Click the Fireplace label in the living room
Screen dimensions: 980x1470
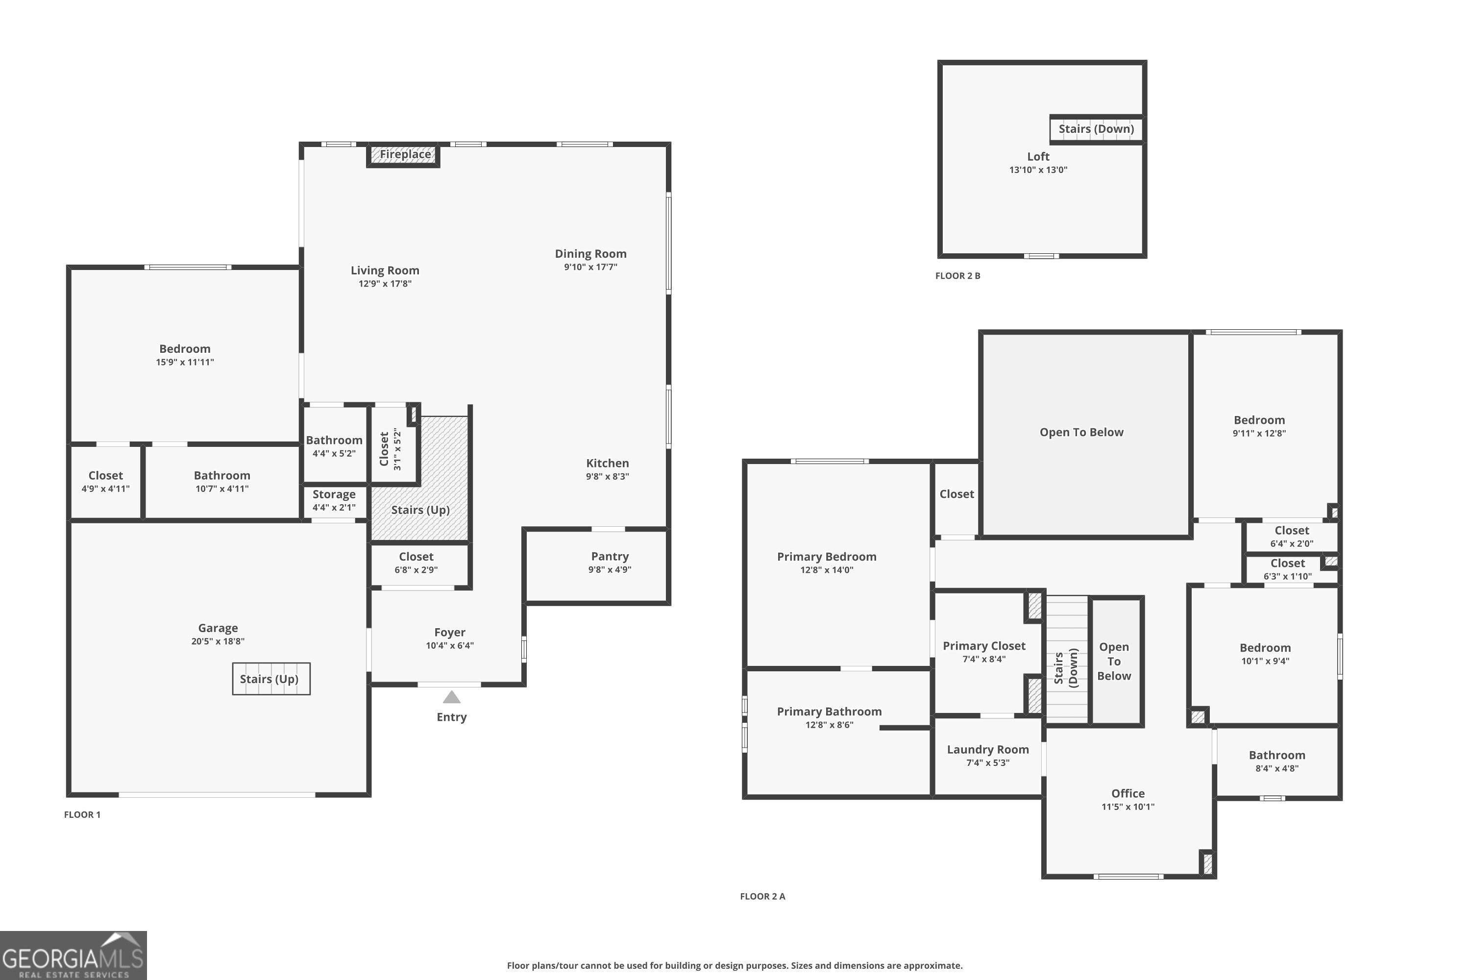[x=405, y=154]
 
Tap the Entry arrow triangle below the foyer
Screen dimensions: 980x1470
[x=451, y=697]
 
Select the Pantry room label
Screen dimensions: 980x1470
[x=610, y=556]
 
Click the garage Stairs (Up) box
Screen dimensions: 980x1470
[x=270, y=679]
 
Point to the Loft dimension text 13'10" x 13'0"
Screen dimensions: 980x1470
[x=1038, y=170]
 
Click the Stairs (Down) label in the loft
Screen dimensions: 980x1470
[x=1096, y=129]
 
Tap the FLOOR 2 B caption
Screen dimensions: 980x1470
[x=957, y=275]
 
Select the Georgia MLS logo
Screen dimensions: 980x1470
[x=73, y=955]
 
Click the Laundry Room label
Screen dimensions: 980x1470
[x=987, y=749]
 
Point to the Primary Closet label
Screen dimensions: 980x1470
[x=984, y=646]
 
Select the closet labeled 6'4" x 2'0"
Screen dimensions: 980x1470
[x=1291, y=536]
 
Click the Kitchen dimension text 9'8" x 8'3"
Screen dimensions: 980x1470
[x=607, y=476]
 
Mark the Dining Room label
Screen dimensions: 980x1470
[x=590, y=254]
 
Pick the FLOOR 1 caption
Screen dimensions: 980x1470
[x=82, y=814]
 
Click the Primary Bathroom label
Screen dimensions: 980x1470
[x=829, y=711]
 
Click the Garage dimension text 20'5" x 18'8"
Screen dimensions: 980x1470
[x=218, y=641]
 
